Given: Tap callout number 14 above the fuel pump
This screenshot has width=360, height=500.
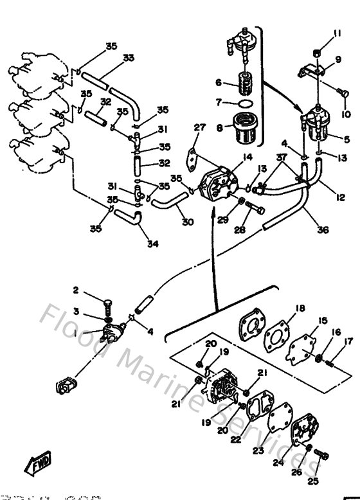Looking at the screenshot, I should coord(229,156).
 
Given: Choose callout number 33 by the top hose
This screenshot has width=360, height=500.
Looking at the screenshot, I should coord(129,58).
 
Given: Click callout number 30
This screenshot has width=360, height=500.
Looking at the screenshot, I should coord(187,222).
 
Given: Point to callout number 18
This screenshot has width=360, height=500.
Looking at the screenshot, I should coord(299,309).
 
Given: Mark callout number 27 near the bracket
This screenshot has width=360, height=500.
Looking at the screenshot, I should coord(199,127).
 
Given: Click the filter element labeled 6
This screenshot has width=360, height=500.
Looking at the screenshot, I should coord(244,83).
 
